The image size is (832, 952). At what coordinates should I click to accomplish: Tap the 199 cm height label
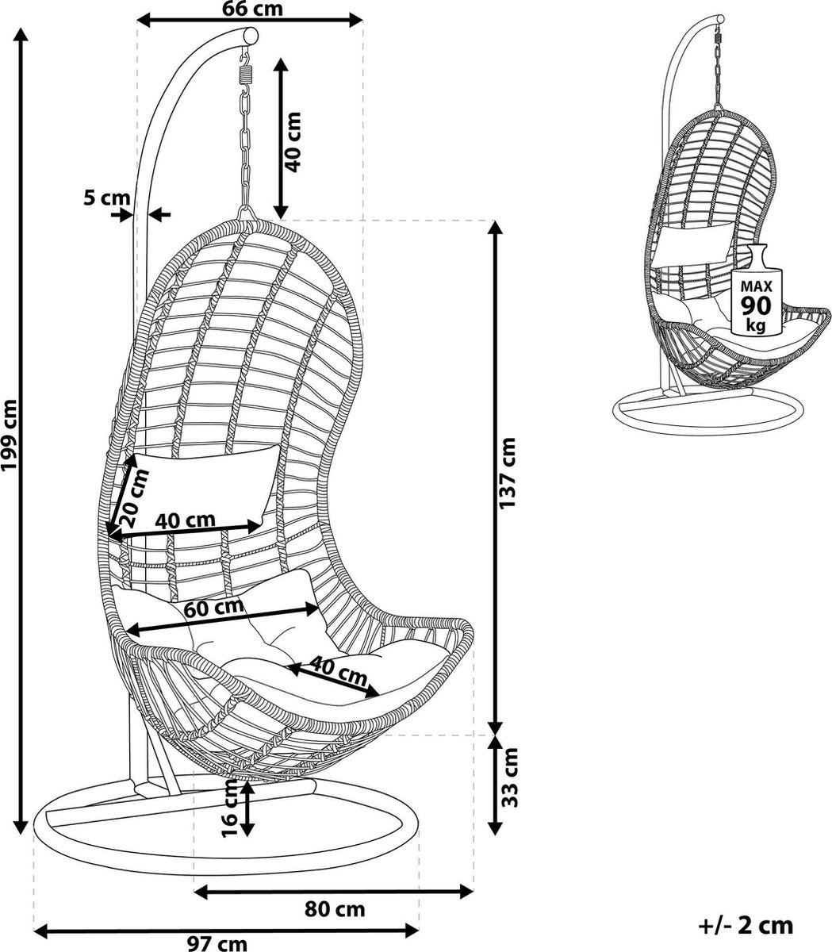pyautogui.click(x=10, y=435)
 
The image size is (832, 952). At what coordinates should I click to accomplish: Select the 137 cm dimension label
pyautogui.click(x=507, y=473)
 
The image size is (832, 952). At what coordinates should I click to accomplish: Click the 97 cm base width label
pyautogui.click(x=217, y=943)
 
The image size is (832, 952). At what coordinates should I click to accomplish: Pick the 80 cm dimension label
pyautogui.click(x=335, y=908)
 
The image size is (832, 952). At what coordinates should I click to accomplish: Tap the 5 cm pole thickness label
pyautogui.click(x=107, y=198)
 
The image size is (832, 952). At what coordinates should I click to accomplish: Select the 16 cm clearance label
pyautogui.click(x=230, y=808)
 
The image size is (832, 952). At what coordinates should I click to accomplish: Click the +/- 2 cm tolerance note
pyautogui.click(x=746, y=912)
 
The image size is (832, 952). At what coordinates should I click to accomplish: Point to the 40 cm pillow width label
pyautogui.click(x=185, y=520)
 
